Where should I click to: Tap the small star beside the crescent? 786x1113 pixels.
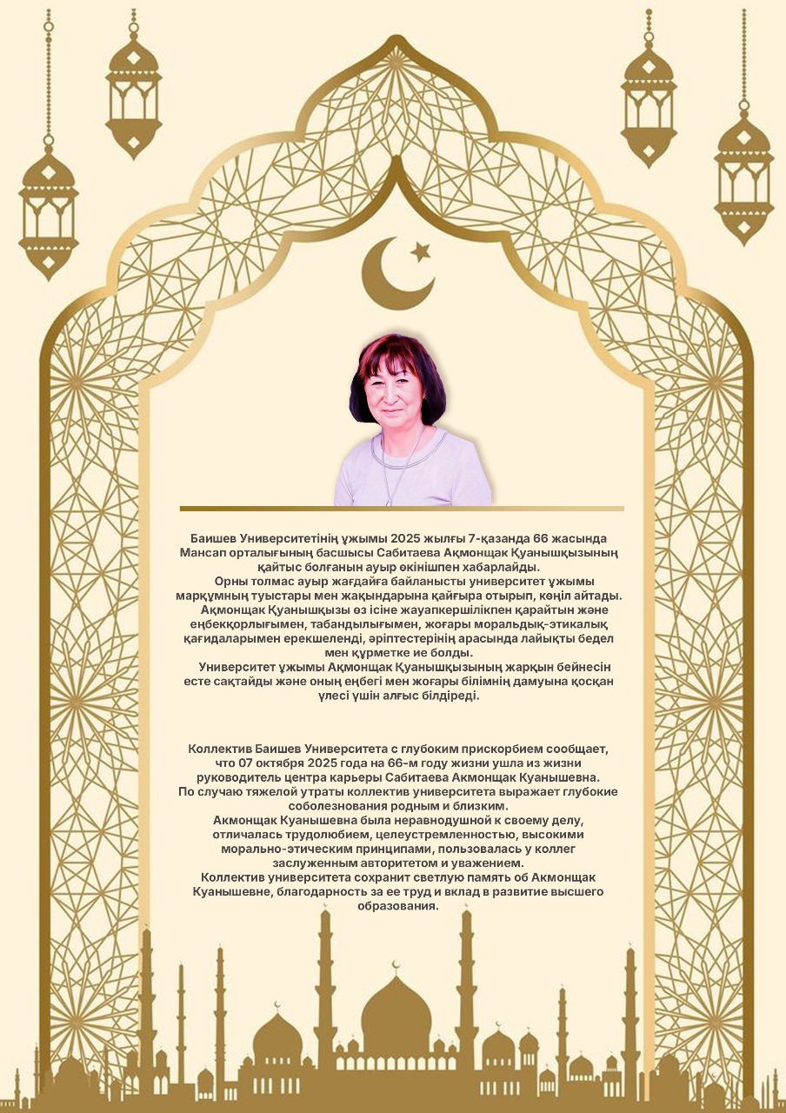coord(421,252)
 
